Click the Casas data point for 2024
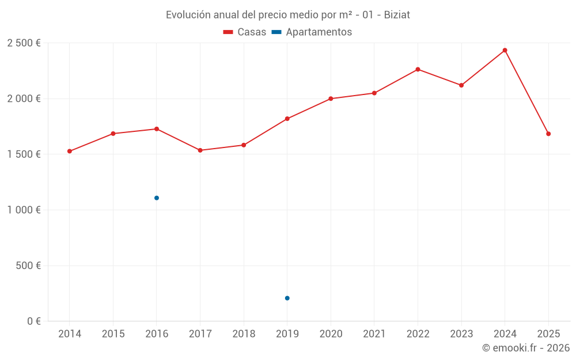(x=505, y=50)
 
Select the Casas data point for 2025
(x=548, y=134)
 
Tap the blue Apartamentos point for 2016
(x=157, y=198)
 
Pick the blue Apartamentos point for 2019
(x=287, y=298)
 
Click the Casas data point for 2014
(x=70, y=151)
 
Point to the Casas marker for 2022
(x=418, y=69)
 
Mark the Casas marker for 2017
(x=200, y=150)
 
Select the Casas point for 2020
(x=331, y=98)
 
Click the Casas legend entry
(x=245, y=32)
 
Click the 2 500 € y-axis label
(x=24, y=43)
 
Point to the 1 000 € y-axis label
(x=24, y=210)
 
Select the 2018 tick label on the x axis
(x=244, y=334)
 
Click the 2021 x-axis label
(x=374, y=334)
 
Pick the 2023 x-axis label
(x=461, y=334)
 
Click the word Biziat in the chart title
(x=397, y=15)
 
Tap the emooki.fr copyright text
(x=526, y=348)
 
